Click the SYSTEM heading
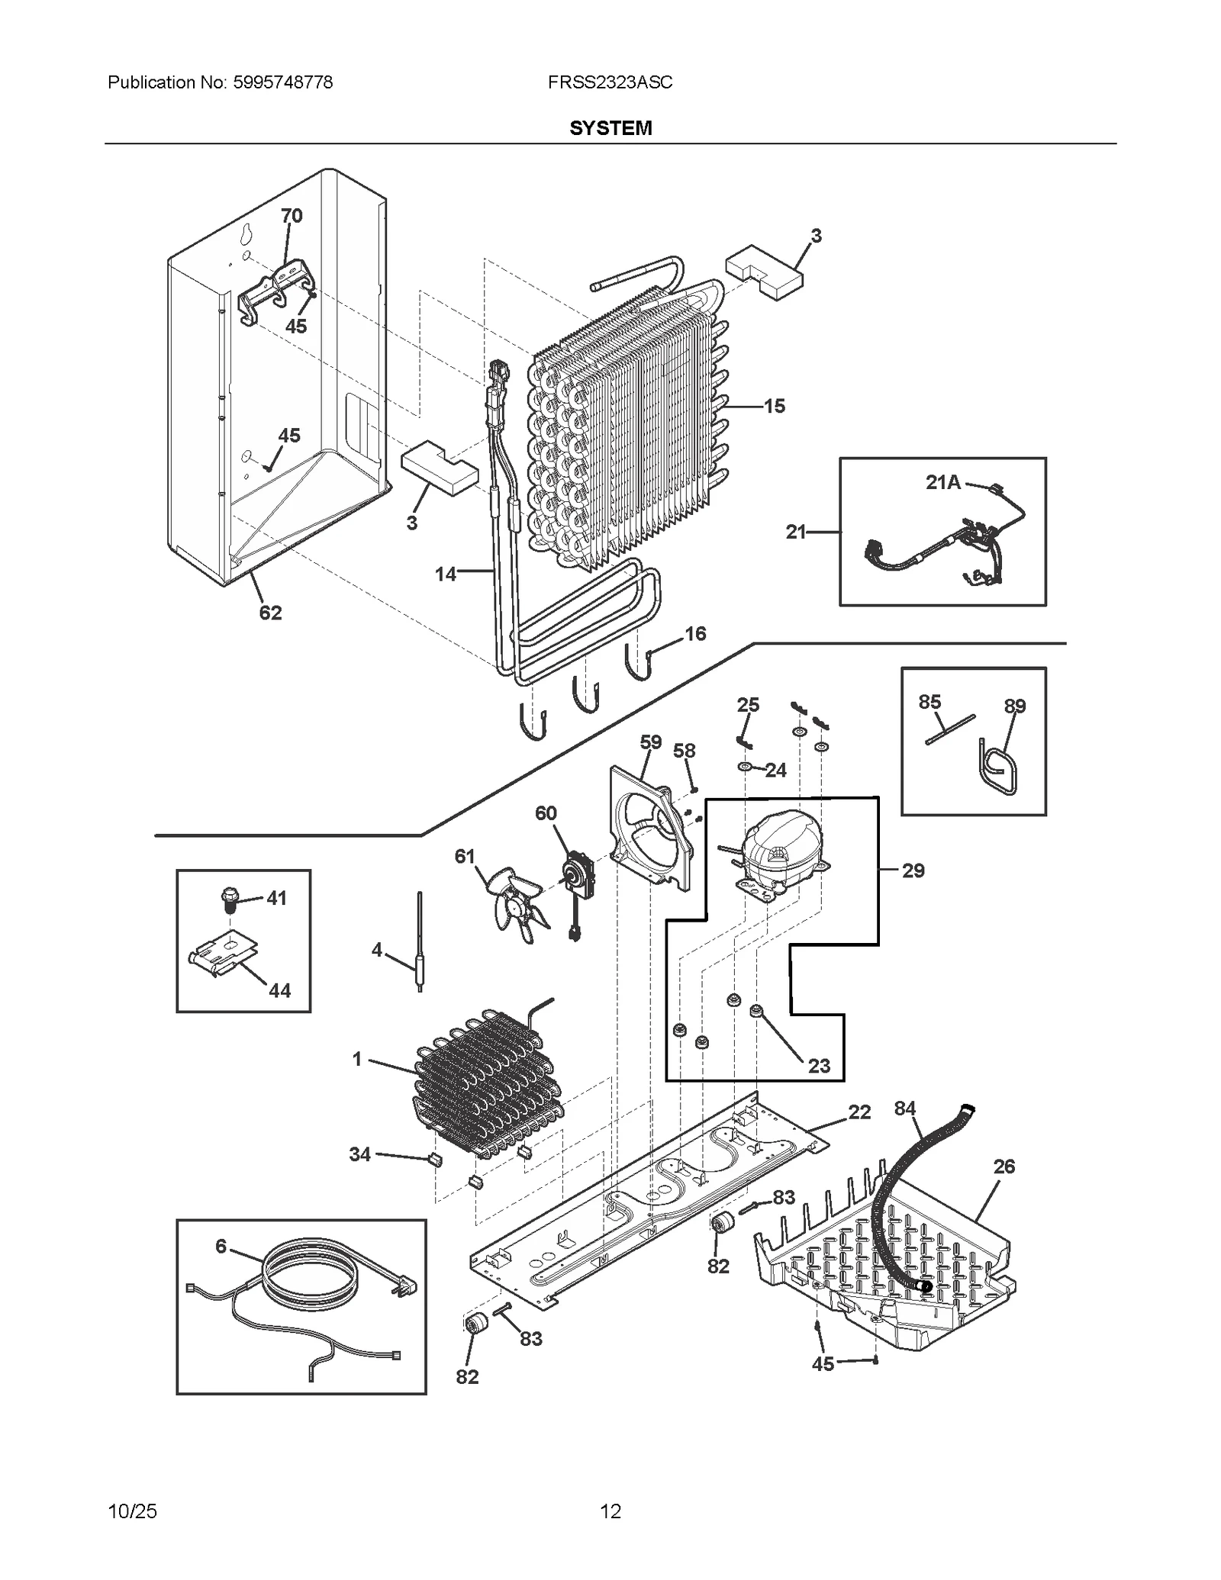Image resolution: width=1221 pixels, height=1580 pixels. (610, 128)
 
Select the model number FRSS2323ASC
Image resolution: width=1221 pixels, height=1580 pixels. (610, 82)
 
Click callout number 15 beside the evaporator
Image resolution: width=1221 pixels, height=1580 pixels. (774, 407)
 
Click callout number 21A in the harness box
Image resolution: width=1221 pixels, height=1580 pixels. (943, 482)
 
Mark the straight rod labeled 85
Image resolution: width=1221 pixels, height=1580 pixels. (951, 729)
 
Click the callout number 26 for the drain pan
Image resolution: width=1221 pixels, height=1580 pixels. (1004, 1166)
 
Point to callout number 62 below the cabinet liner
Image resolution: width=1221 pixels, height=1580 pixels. (270, 613)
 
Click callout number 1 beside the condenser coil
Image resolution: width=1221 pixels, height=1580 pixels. (357, 1060)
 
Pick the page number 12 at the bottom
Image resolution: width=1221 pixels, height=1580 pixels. (610, 1511)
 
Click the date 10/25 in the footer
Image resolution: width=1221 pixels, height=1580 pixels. (133, 1511)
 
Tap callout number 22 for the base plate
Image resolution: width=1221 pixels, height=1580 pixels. (859, 1112)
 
